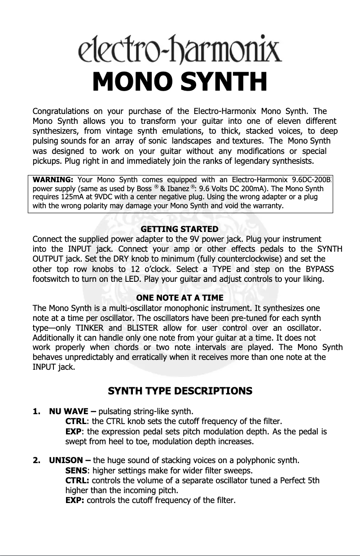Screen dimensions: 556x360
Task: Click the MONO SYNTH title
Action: [180, 82]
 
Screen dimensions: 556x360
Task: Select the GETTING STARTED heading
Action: [180, 230]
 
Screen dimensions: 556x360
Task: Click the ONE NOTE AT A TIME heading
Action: [180, 298]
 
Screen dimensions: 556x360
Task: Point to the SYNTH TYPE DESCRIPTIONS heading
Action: [180, 391]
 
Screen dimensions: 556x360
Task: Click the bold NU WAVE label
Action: [70, 411]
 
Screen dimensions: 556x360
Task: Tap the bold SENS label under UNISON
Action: [76, 471]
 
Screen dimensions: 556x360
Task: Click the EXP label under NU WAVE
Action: [75, 432]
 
